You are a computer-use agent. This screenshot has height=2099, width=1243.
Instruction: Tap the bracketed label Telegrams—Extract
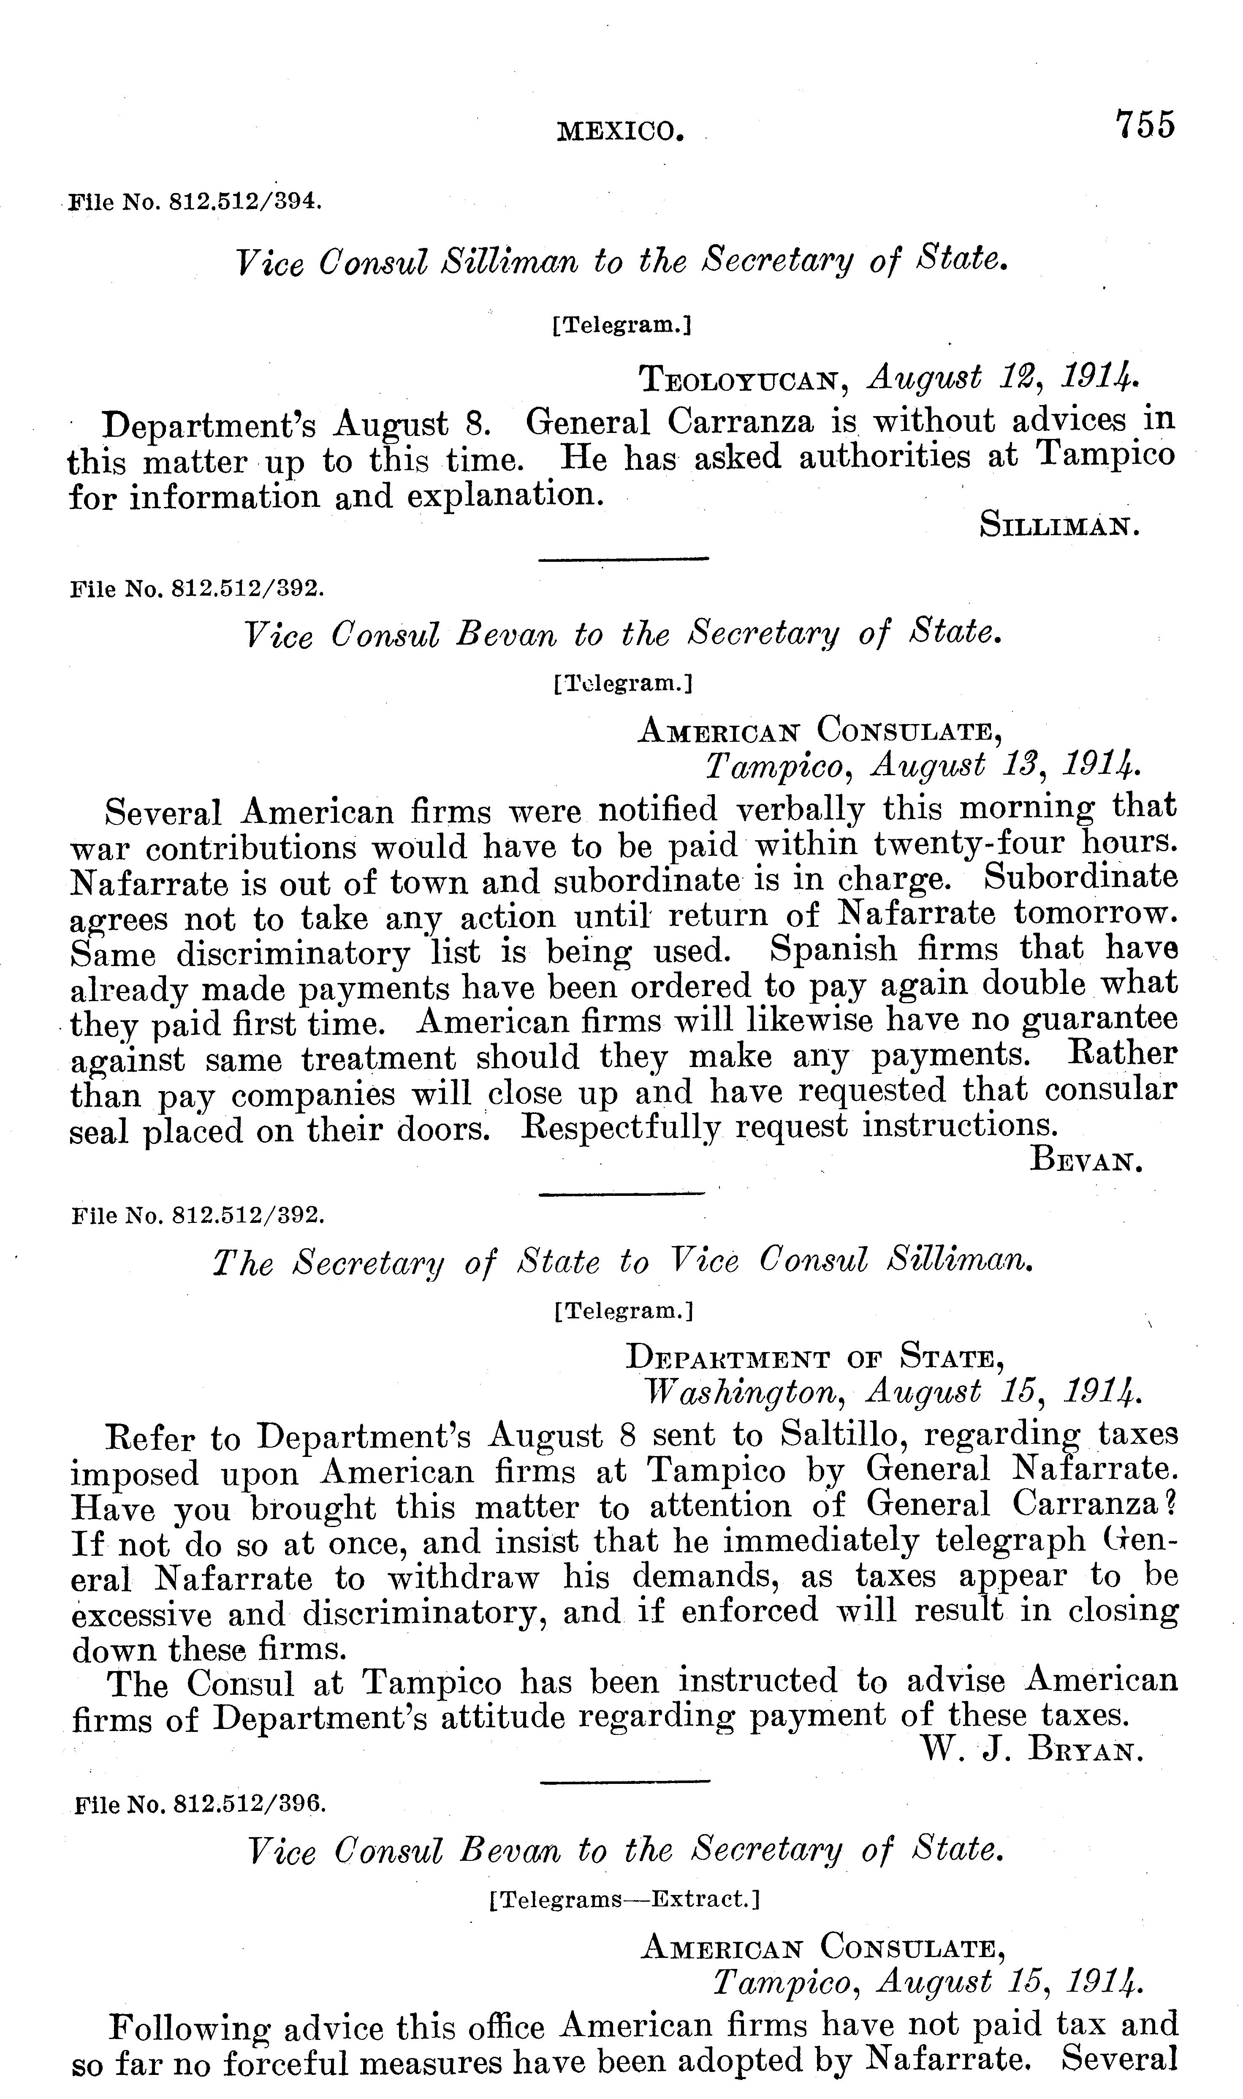pyautogui.click(x=623, y=1898)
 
